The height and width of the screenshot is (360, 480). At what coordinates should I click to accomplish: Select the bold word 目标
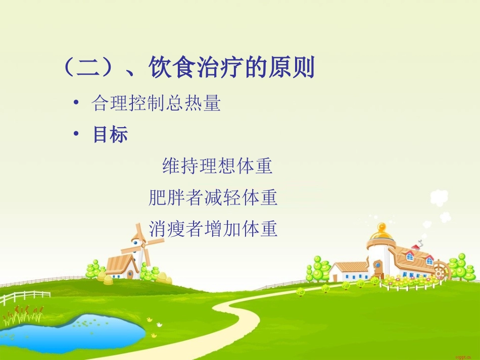coord(110,134)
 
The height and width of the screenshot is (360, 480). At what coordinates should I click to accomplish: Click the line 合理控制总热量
coord(156,104)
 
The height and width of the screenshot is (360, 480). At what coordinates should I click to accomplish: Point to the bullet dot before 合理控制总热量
coord(76,104)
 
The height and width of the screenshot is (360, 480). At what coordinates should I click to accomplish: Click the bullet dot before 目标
coord(76,134)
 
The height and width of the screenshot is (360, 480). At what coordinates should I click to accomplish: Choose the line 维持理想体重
coord(217,166)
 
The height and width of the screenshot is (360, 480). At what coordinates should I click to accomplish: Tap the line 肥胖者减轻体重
coord(213,197)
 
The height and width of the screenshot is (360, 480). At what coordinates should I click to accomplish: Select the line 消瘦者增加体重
coord(213,229)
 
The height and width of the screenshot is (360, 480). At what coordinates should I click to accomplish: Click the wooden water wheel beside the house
coord(441,271)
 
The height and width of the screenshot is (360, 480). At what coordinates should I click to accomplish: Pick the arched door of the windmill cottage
coord(130,274)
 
